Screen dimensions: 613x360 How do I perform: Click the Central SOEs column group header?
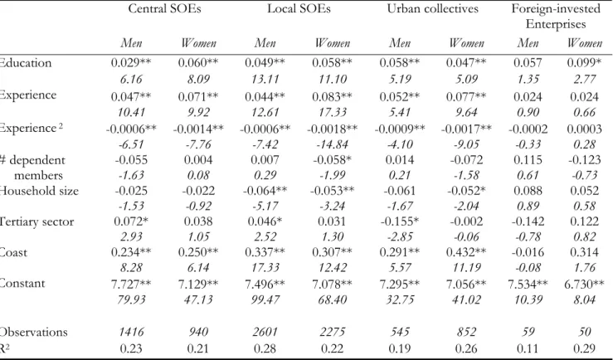[164, 8]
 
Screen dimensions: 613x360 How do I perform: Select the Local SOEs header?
[299, 8]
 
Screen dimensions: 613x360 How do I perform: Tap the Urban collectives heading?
[433, 8]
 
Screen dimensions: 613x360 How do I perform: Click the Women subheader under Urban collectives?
[466, 42]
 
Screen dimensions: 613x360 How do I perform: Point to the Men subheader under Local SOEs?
[265, 42]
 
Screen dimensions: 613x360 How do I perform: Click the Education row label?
[26, 63]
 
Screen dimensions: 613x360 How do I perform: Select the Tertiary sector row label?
[36, 221]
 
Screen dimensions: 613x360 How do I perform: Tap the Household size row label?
[39, 191]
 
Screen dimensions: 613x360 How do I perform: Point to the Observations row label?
[34, 332]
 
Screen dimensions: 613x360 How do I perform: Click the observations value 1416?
[131, 332]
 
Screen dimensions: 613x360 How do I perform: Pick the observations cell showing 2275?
[333, 332]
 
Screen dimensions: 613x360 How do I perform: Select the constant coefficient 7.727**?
[131, 284]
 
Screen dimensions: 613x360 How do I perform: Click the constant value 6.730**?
[584, 284]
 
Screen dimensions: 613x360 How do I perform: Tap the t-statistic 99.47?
[265, 299]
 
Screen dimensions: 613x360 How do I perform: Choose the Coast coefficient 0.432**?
[466, 252]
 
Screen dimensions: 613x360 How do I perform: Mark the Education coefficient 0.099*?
[584, 63]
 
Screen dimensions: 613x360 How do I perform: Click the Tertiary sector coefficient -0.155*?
[400, 221]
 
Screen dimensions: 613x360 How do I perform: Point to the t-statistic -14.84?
[333, 144]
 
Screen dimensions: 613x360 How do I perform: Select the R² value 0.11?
[528, 348]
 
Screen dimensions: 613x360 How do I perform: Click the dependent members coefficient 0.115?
[528, 160]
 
